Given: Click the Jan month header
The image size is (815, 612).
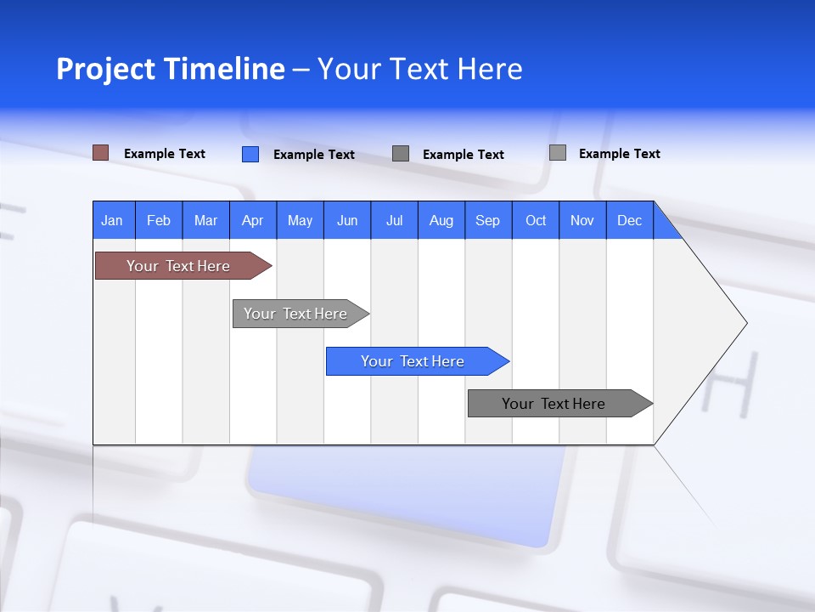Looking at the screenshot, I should [x=113, y=220].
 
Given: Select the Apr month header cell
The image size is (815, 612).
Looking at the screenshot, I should [x=253, y=220].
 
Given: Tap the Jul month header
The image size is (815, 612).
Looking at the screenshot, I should [x=394, y=220].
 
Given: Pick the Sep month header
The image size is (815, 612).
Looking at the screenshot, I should [x=487, y=220].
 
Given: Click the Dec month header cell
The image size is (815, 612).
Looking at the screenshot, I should [x=629, y=220].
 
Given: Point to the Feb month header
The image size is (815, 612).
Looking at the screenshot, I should [x=159, y=220].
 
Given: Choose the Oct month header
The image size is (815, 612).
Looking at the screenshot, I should [x=536, y=220].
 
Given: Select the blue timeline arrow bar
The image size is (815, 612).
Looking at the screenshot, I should [x=414, y=361].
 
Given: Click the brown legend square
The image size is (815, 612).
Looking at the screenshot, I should [x=100, y=153].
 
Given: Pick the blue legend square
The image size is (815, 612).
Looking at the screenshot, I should [x=250, y=154].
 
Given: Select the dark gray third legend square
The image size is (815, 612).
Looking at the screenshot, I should [x=401, y=154].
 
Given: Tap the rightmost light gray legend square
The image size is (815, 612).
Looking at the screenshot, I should [x=557, y=153].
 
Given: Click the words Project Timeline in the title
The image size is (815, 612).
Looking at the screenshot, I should [x=171, y=69].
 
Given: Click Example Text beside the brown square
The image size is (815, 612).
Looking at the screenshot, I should [x=165, y=154].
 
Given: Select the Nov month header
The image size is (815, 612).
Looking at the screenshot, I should [x=582, y=220].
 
